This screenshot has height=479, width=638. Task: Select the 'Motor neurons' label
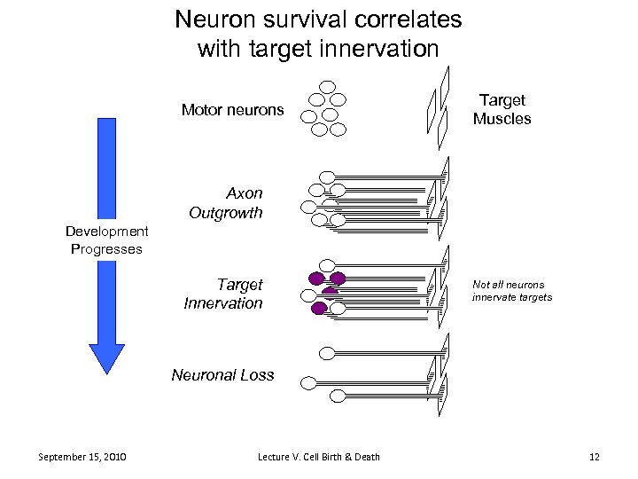point(232,110)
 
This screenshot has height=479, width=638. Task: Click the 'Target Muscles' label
point(502,109)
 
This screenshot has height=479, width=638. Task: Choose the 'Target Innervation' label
point(224,294)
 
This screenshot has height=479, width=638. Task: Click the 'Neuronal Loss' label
point(222,374)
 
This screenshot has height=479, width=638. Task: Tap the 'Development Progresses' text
point(106,240)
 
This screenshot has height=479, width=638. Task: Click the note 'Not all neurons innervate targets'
point(511,291)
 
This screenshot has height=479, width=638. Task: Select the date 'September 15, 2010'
point(82,457)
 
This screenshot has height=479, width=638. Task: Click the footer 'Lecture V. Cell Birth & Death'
point(318,457)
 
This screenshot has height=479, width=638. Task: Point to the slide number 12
point(594,457)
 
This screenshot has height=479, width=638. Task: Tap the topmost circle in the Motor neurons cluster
point(327,87)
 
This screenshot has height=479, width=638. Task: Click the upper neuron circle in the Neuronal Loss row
point(327,353)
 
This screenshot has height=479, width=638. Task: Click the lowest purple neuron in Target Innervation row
point(319,309)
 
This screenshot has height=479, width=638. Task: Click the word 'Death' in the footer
point(366,457)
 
